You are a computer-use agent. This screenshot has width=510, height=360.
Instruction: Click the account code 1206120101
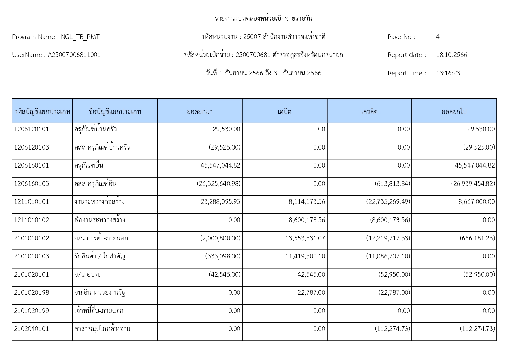point(31,129)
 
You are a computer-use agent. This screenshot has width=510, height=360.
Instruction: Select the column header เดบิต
point(284,111)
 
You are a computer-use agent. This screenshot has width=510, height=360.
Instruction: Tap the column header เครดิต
point(369,111)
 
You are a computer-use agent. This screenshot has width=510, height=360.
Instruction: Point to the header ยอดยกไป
point(454,111)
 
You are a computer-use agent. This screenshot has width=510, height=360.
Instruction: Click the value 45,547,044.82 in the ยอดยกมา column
point(220,165)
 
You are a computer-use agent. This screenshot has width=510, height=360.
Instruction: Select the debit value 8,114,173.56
point(307,202)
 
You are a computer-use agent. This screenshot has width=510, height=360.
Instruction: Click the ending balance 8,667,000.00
point(476,202)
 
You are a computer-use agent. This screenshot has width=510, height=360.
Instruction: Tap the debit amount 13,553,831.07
point(305,238)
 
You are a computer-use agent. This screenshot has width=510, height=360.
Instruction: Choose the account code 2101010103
point(31,256)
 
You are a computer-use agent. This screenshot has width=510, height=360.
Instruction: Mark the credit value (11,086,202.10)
point(388,256)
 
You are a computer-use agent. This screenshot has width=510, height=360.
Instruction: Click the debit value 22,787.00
point(311,293)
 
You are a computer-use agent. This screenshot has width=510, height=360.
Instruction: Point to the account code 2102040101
point(31,329)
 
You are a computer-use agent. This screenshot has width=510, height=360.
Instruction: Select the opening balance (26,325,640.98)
point(219,184)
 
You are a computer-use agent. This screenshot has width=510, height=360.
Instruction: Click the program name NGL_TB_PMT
point(80,37)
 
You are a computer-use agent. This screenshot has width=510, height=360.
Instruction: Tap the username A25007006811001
point(74,55)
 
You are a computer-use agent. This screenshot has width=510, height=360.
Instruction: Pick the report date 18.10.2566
point(452,55)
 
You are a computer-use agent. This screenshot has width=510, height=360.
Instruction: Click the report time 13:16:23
point(448,73)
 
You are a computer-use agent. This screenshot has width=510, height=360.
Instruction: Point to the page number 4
point(438,37)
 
